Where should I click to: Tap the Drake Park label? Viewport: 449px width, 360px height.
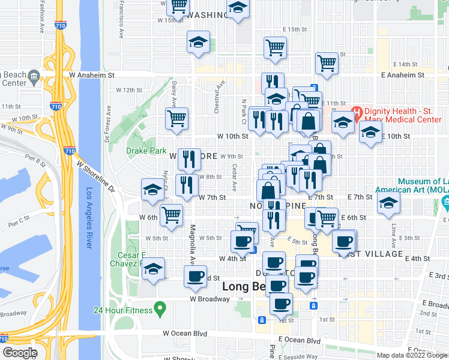[145, 151]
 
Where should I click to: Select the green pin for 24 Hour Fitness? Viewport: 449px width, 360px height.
[160, 310]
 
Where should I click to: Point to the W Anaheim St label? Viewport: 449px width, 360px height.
[92, 76]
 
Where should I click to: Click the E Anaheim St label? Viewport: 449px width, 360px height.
[403, 76]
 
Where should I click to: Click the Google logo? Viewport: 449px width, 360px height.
[20, 353]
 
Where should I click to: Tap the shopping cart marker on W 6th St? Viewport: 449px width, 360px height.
[172, 214]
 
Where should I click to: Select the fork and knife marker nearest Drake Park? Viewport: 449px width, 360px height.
[190, 158]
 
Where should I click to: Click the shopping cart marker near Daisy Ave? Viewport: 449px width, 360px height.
[177, 118]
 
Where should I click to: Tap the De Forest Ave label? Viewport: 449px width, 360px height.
[109, 128]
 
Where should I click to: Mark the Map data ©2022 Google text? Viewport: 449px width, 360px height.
[411, 355]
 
